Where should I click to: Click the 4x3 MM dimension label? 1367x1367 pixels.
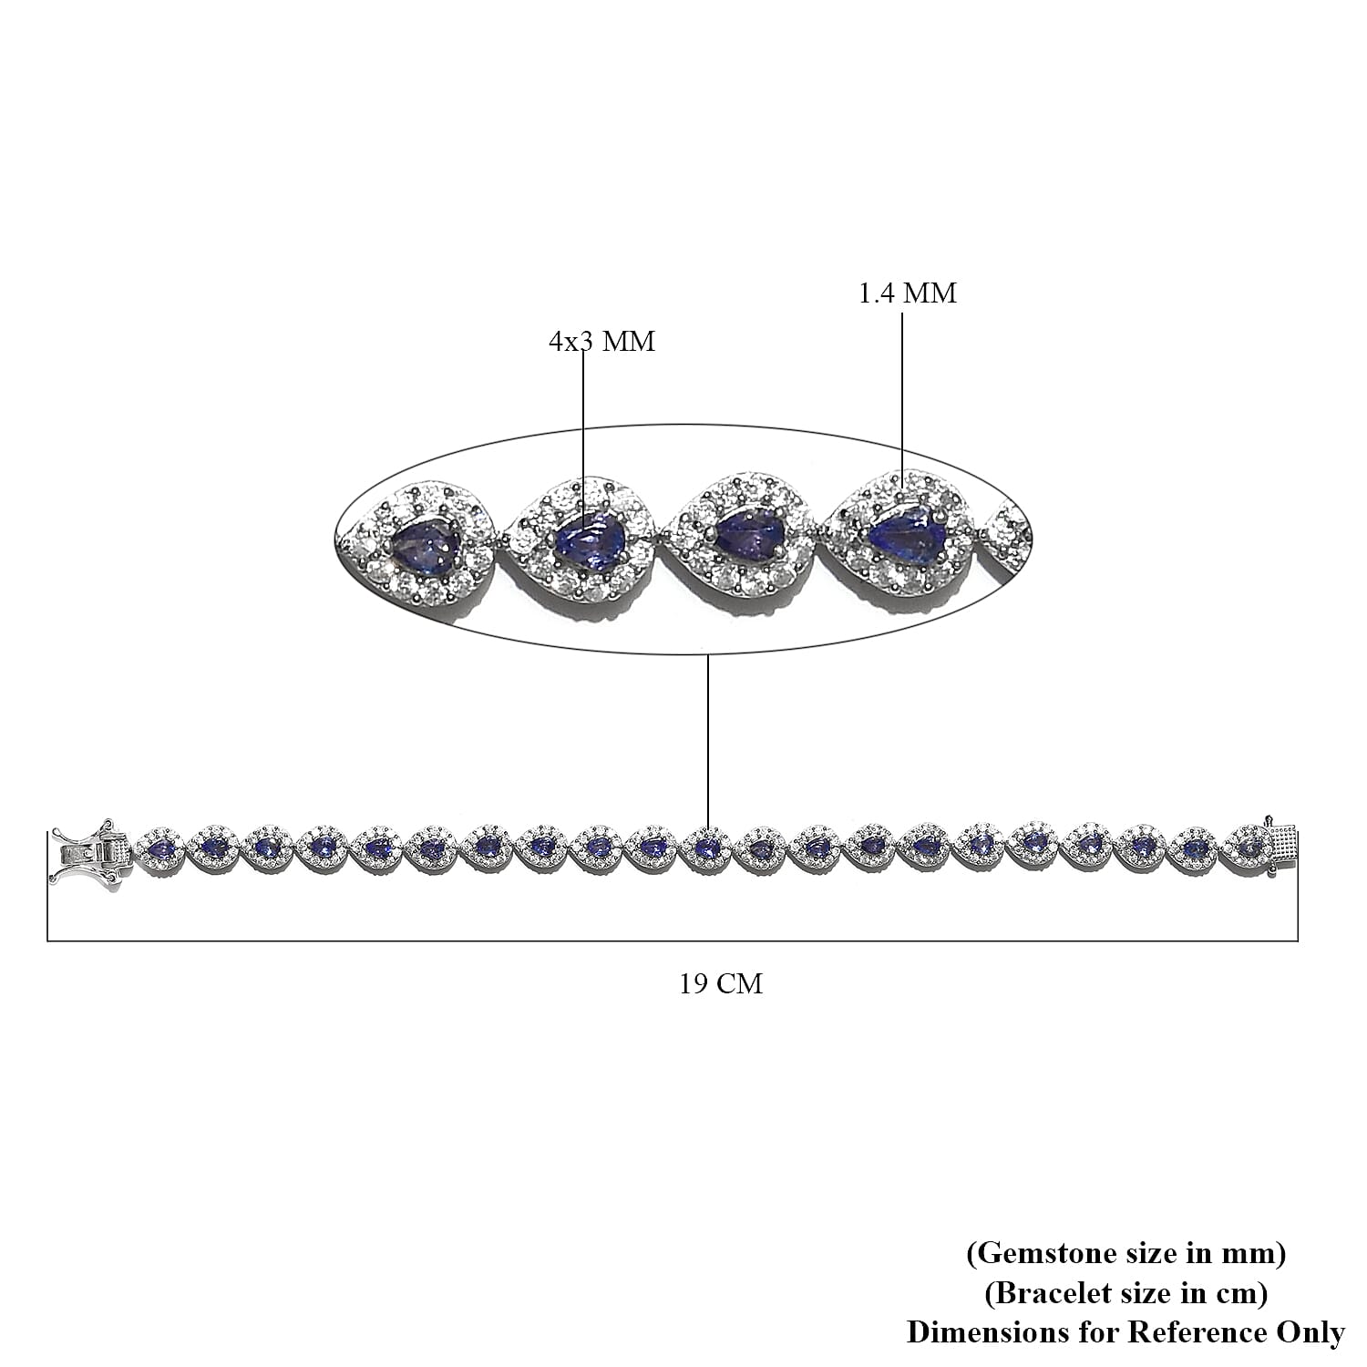601,342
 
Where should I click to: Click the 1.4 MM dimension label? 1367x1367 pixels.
908,293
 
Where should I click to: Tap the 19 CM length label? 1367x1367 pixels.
720,984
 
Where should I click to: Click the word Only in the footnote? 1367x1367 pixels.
1309,1332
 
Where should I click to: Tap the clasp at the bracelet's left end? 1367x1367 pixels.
89,851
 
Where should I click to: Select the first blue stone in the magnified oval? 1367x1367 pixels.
425,547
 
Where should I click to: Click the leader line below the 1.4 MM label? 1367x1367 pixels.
903,392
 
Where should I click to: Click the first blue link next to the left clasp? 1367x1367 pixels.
161,849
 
